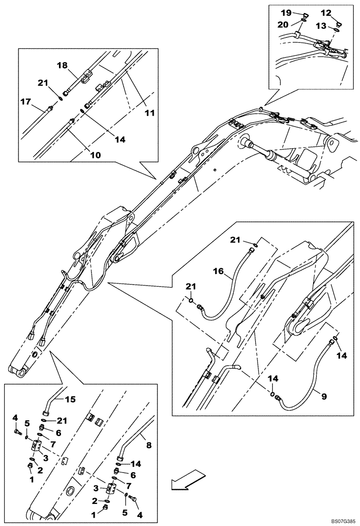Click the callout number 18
tap(62, 65)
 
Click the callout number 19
tap(285, 12)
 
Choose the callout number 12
tap(326, 12)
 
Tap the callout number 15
tap(70, 400)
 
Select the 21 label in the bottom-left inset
tap(63, 420)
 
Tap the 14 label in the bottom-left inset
tap(136, 464)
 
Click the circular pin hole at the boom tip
tap(20, 372)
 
